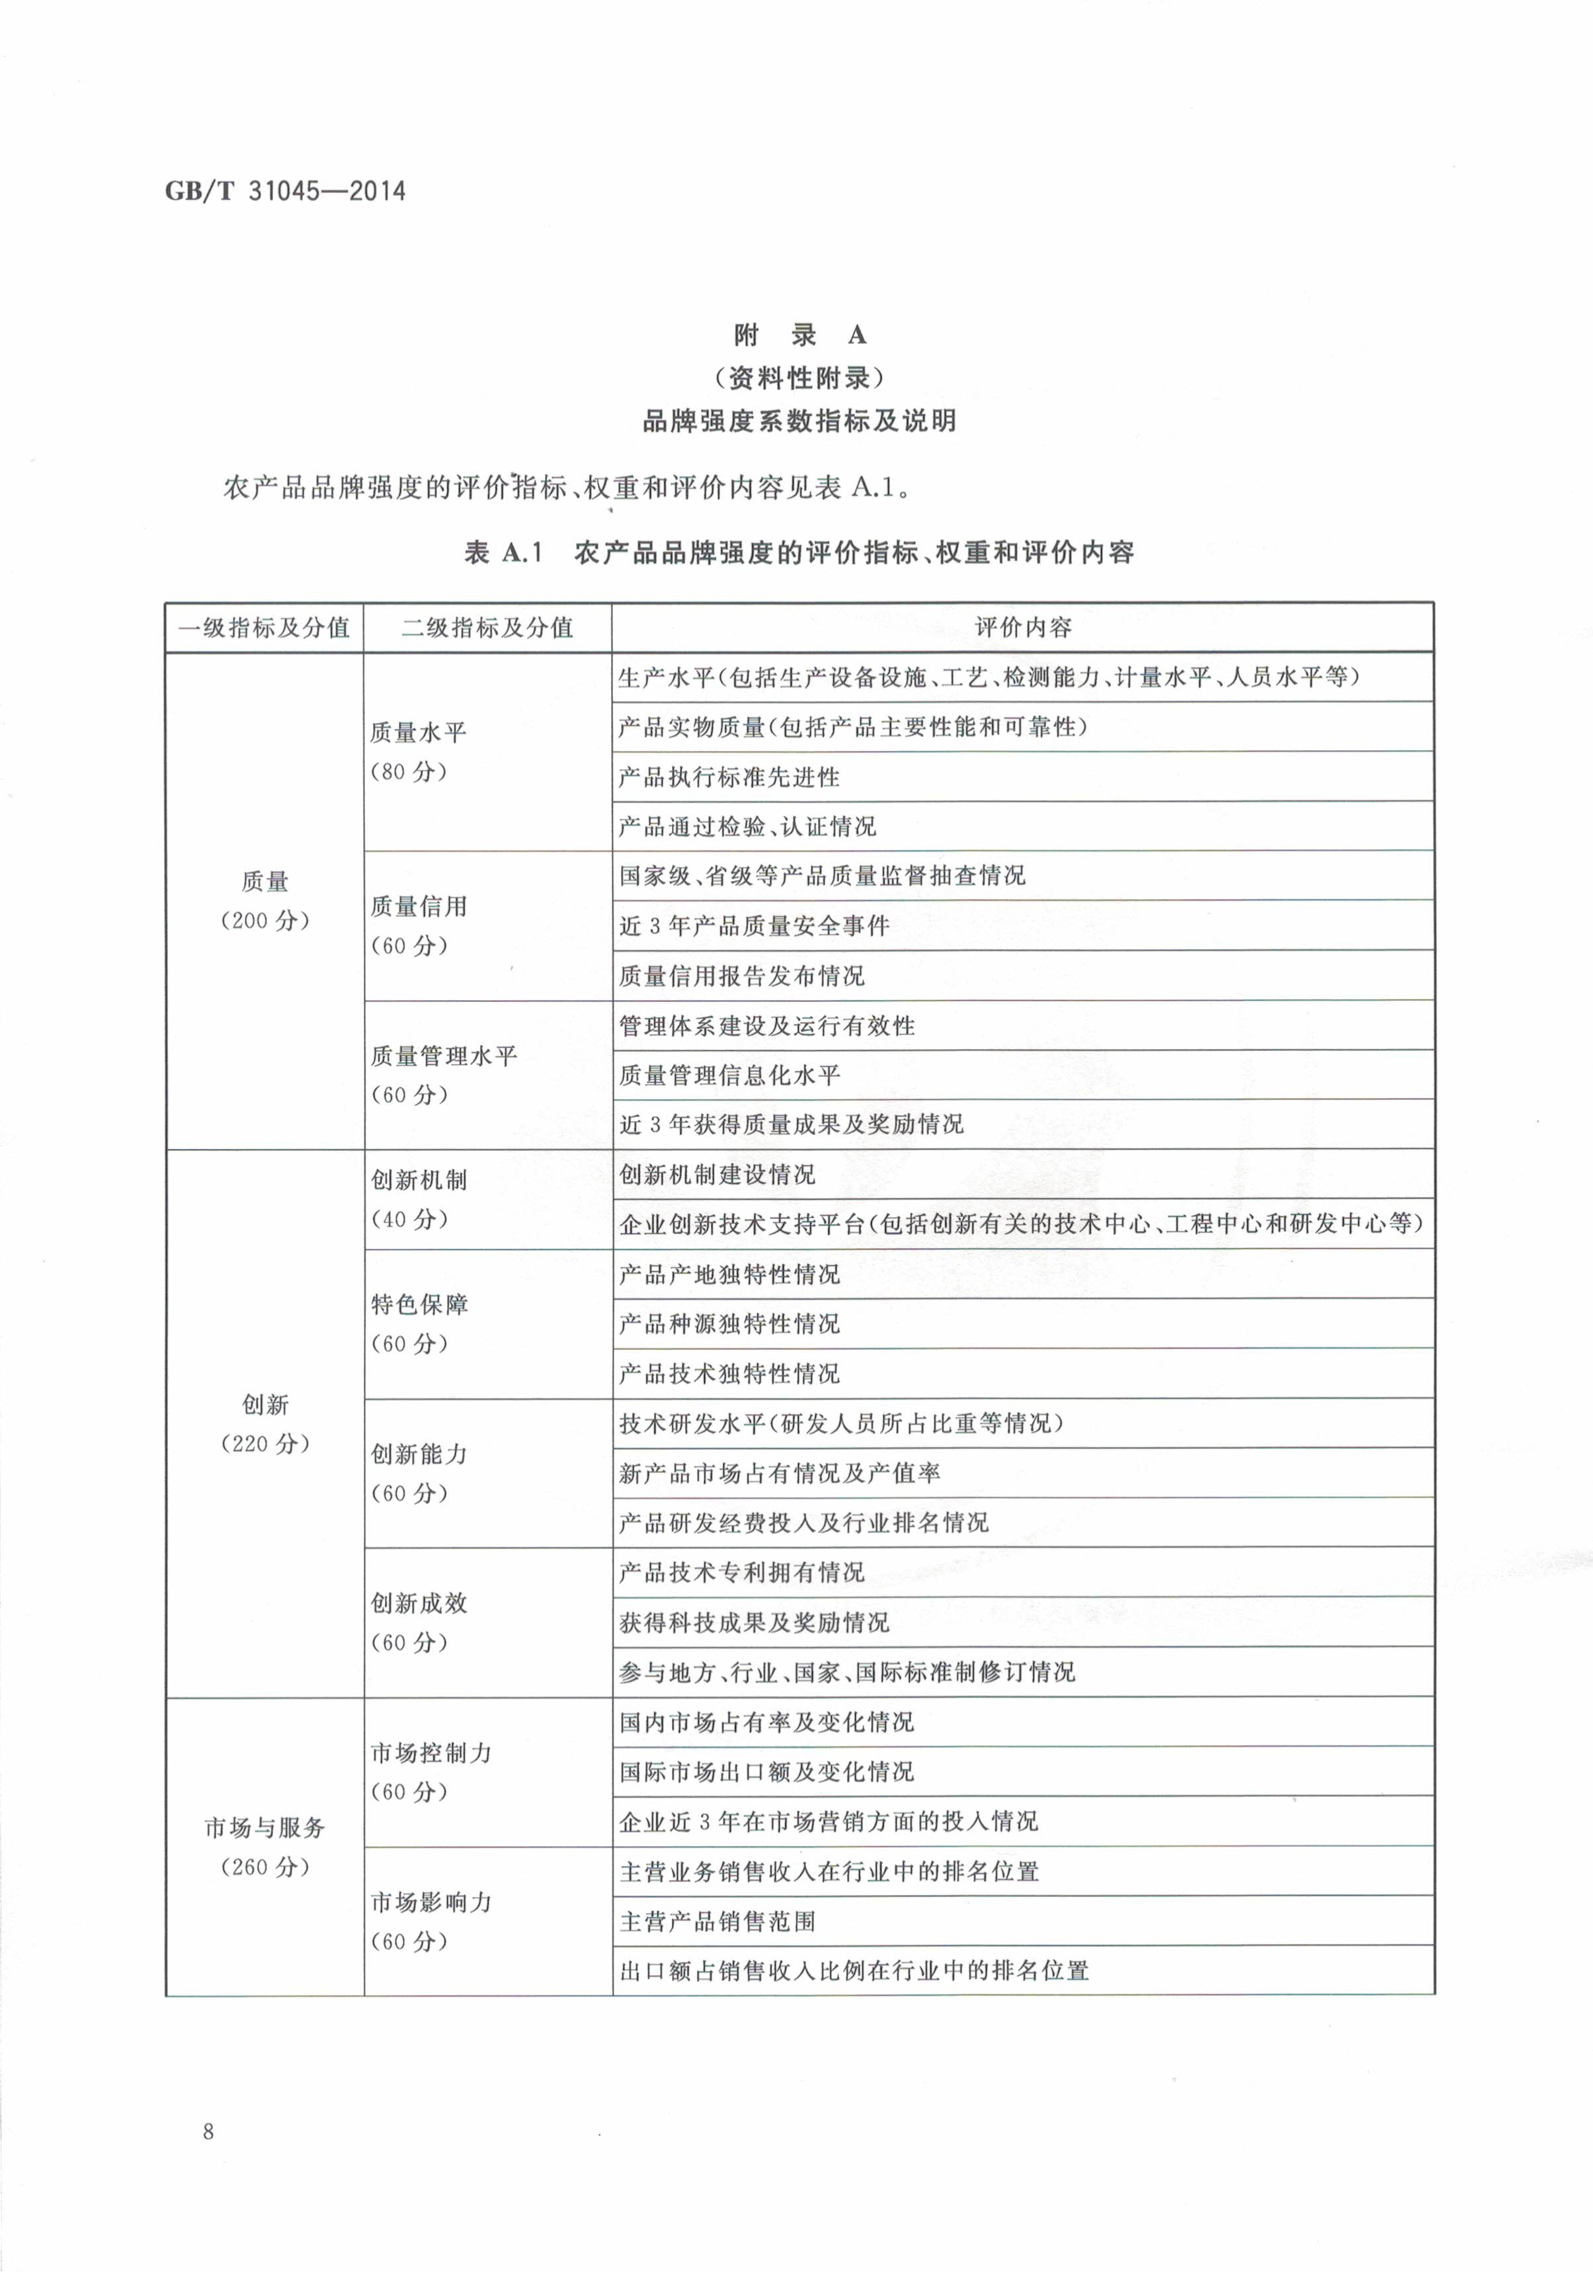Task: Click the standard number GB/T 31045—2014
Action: [285, 191]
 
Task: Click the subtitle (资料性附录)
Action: [799, 378]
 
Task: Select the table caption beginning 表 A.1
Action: [799, 552]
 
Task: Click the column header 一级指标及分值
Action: [265, 628]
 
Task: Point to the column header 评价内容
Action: [1022, 628]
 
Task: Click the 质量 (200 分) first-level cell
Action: [265, 900]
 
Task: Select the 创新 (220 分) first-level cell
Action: [265, 1424]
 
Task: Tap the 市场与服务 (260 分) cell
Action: [265, 1847]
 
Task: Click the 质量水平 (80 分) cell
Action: [417, 752]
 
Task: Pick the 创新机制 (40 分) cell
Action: [417, 1199]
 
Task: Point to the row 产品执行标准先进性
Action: [729, 777]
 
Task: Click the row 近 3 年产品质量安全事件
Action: [754, 926]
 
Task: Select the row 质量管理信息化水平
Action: [729, 1075]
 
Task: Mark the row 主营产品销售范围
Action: [717, 1921]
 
